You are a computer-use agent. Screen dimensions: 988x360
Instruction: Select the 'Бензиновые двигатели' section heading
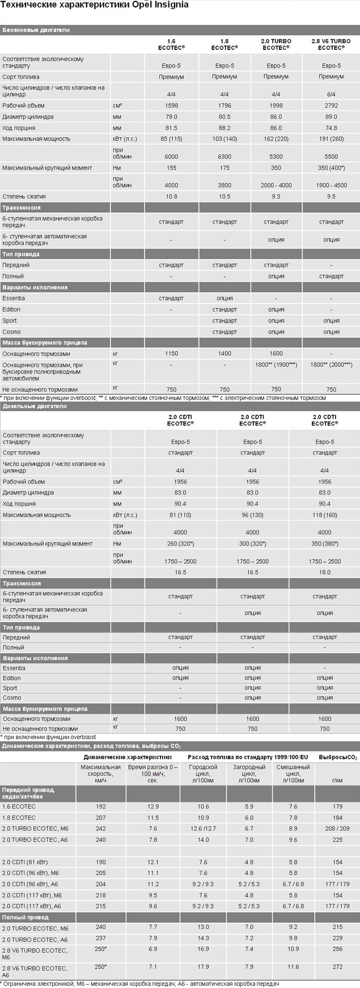(x=36, y=30)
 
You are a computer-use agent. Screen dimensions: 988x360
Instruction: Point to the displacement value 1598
(x=171, y=105)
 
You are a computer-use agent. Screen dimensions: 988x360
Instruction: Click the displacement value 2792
(x=331, y=105)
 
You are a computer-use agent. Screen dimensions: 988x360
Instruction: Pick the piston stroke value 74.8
(x=331, y=128)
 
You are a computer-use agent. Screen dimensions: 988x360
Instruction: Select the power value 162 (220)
(x=276, y=139)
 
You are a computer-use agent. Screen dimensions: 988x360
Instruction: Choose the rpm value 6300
(x=225, y=157)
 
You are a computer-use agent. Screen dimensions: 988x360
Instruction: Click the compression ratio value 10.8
(x=171, y=196)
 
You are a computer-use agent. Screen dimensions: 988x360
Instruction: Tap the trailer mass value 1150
(x=171, y=354)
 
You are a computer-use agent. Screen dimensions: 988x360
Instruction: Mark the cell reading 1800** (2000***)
(x=331, y=365)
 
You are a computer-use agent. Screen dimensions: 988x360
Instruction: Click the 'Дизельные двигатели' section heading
(x=35, y=406)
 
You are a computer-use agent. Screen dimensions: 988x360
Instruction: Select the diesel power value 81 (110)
(x=180, y=516)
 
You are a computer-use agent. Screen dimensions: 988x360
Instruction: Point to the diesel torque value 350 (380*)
(x=324, y=544)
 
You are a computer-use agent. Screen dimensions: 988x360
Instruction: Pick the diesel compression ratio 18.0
(x=324, y=573)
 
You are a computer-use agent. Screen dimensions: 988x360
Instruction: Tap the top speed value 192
(x=101, y=807)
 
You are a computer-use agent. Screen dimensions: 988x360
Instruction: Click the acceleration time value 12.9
(x=153, y=807)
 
